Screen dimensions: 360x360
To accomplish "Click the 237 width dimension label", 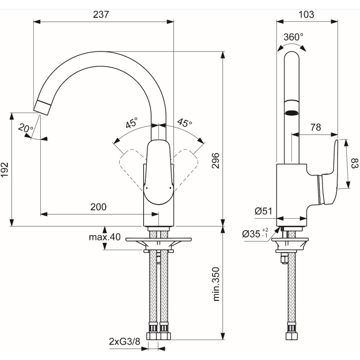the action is [x=101, y=14].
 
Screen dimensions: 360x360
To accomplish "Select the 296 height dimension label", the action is [x=216, y=161].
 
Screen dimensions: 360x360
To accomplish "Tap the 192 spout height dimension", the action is [x=5, y=170].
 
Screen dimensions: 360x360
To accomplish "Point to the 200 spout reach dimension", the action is [x=99, y=207].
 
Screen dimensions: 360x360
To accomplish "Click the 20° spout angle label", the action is [x=26, y=128].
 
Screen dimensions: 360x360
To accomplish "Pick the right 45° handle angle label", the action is [x=185, y=123].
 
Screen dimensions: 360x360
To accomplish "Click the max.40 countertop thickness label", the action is [x=105, y=237].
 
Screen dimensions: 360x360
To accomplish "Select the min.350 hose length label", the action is [x=216, y=284].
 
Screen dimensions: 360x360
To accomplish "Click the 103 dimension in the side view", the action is [x=306, y=14].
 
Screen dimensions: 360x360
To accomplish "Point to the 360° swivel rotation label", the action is [x=293, y=37].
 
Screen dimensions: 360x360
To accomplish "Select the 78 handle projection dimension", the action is [x=316, y=127].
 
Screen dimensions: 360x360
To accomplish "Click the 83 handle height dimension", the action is [x=355, y=163].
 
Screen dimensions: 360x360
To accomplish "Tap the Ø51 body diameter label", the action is [x=263, y=211].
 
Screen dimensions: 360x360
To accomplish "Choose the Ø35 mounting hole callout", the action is [x=255, y=234].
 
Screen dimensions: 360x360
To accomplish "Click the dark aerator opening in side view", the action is [x=292, y=113].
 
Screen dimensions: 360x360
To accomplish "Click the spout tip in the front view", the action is [x=43, y=107].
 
